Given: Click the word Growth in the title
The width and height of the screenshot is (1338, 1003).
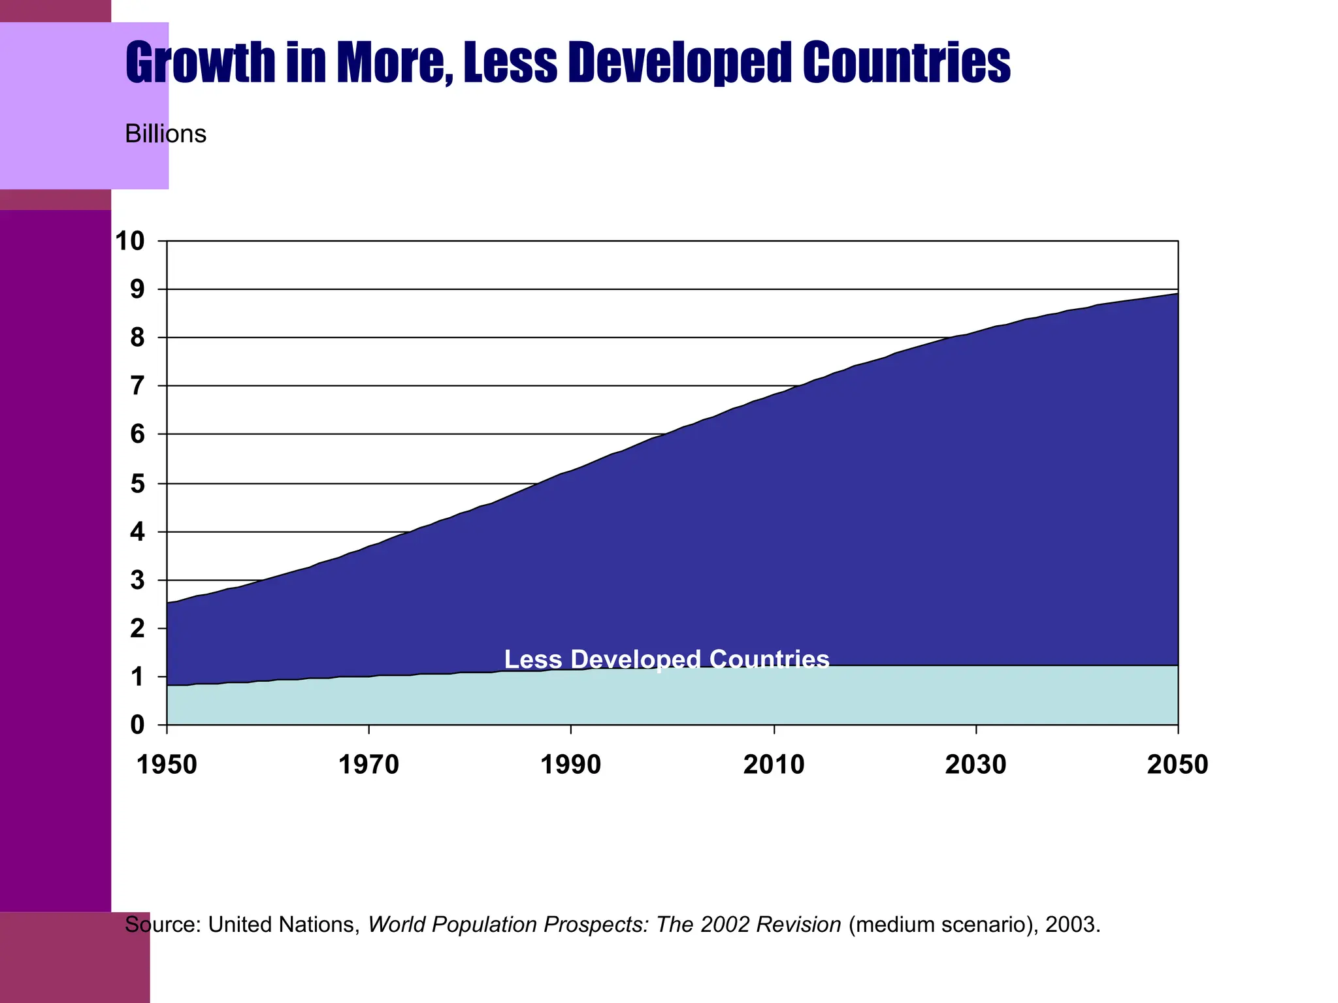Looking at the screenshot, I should [x=201, y=63].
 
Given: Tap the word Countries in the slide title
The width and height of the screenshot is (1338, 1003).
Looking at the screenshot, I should [x=906, y=63].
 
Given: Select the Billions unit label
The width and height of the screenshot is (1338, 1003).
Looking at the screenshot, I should [x=165, y=134].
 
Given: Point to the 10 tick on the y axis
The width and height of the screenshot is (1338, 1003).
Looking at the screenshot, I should [x=129, y=241].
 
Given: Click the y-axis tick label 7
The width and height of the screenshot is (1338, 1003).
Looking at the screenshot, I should [x=137, y=386].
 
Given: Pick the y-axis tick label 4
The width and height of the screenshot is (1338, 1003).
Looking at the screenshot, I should [x=137, y=532].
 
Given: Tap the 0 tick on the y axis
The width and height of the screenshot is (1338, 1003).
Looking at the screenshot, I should [x=137, y=725].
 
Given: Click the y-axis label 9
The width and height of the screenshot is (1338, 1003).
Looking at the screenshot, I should [x=137, y=289].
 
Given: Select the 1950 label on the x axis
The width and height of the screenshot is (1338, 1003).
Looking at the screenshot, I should [x=167, y=765].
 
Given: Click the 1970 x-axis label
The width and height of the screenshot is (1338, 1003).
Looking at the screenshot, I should [x=368, y=765].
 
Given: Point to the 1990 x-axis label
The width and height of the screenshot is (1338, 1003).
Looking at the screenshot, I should [x=571, y=765].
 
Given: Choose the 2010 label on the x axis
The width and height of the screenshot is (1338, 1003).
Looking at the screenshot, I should [x=774, y=765].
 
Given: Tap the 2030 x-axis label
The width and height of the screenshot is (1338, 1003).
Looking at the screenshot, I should [x=975, y=765].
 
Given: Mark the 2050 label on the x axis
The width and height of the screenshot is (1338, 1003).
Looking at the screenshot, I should [x=1177, y=765].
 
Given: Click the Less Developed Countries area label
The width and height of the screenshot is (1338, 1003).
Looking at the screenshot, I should [x=666, y=660].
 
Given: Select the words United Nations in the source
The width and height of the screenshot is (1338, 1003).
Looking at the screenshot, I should [x=282, y=925].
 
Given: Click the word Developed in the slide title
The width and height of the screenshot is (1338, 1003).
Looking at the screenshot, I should [x=679, y=63].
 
